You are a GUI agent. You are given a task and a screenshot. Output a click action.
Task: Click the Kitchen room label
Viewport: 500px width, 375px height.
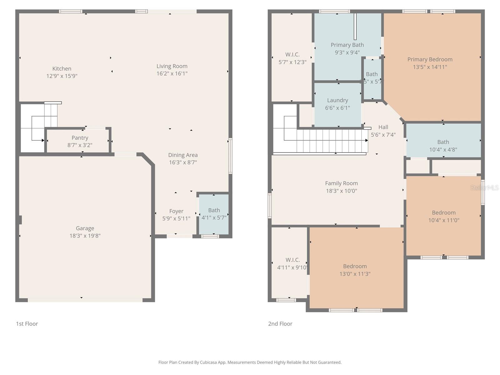[x=62, y=68]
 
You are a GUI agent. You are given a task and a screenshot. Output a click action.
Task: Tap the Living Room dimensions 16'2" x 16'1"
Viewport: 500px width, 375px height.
[x=172, y=74]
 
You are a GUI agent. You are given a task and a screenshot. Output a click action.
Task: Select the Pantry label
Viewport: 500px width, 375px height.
[x=80, y=138]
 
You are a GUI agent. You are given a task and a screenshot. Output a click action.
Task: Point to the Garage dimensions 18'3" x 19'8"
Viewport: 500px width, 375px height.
[x=85, y=236]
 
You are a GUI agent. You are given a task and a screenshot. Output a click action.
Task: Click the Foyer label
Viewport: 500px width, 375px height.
[x=176, y=211]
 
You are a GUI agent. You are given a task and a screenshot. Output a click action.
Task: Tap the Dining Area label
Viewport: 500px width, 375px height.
[x=183, y=155]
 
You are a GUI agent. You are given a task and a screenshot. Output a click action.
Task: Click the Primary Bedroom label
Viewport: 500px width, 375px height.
[x=430, y=59]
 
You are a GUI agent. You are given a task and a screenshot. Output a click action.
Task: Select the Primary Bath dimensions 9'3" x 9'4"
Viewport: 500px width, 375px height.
[x=347, y=52]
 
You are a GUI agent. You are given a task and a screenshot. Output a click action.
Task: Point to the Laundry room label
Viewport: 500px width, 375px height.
[x=337, y=100]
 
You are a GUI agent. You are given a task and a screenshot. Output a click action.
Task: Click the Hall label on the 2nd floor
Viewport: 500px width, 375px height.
[x=383, y=127]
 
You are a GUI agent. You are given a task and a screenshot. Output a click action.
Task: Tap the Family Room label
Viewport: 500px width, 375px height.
[x=341, y=183]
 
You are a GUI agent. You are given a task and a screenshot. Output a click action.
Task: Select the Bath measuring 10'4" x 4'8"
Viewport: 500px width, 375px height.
[x=443, y=142]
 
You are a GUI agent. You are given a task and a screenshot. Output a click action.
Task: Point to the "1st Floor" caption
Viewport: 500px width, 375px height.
[x=27, y=324]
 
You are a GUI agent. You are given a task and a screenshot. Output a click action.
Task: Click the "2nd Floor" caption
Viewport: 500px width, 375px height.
[x=280, y=324]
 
